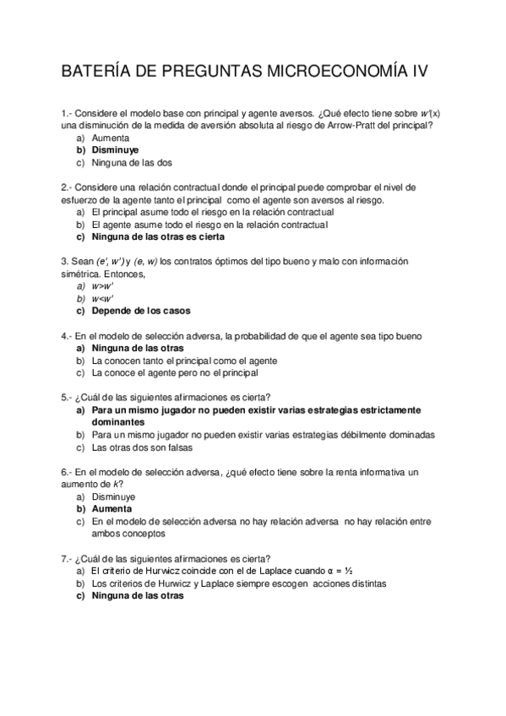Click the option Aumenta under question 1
(110, 137)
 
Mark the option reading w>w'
(102, 286)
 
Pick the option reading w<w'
(102, 298)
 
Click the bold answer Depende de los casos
(141, 311)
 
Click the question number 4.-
(67, 335)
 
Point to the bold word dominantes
(121, 422)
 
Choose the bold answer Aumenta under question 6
(112, 509)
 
